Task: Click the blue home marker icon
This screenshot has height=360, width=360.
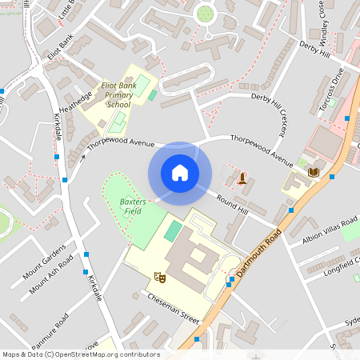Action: [180, 173]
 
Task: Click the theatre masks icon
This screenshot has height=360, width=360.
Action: [160, 276]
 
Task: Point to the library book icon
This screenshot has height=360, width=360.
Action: [314, 172]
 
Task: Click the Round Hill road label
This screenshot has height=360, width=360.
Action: [232, 206]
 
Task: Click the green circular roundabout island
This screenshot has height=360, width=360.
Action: [206, 13]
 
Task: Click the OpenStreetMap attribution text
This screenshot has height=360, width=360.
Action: [80, 354]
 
